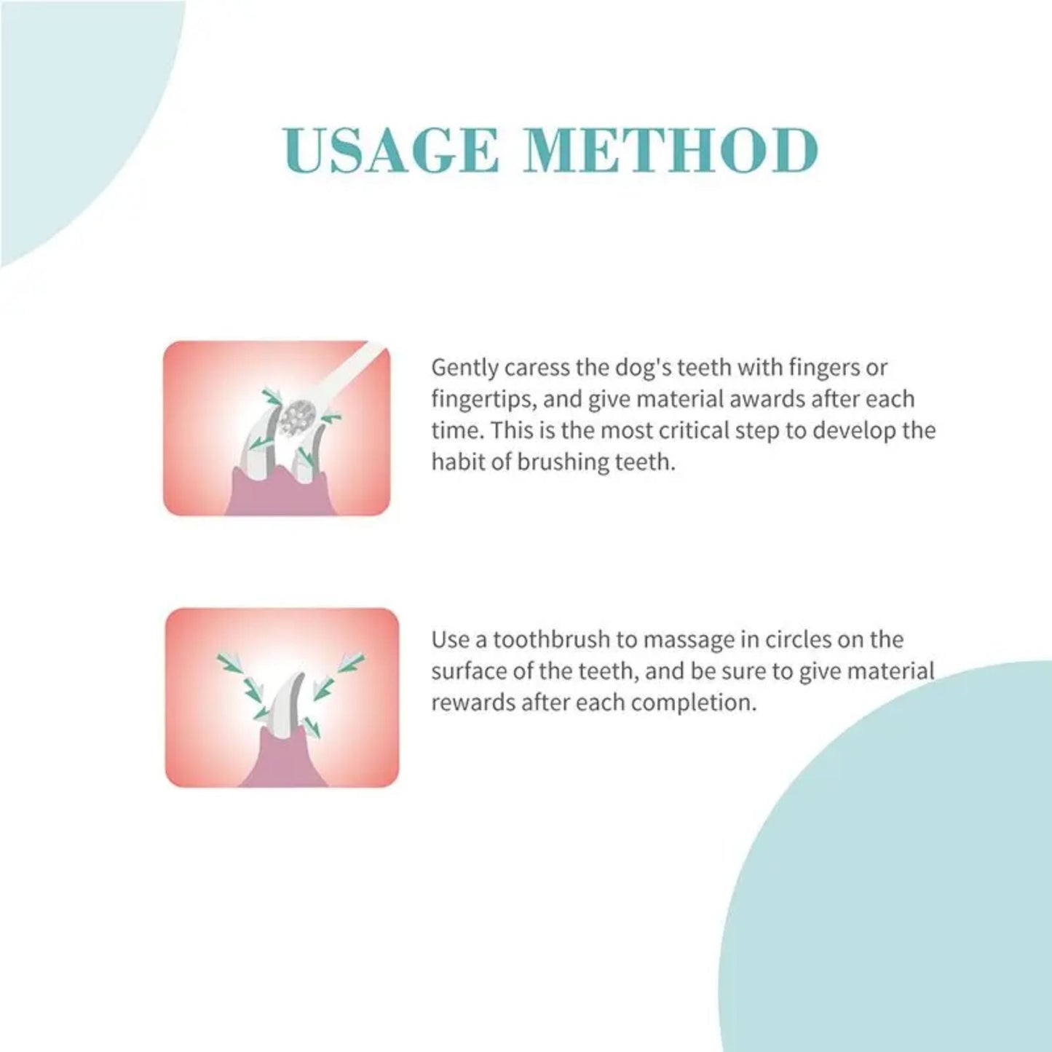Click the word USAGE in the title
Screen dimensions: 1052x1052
[392, 151]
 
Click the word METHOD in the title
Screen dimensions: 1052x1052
[671, 151]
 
